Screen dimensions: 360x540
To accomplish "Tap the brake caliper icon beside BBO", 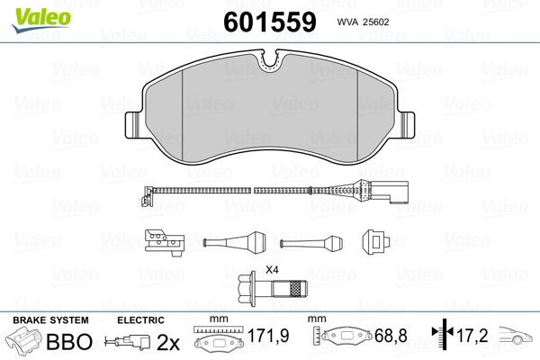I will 24,343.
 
